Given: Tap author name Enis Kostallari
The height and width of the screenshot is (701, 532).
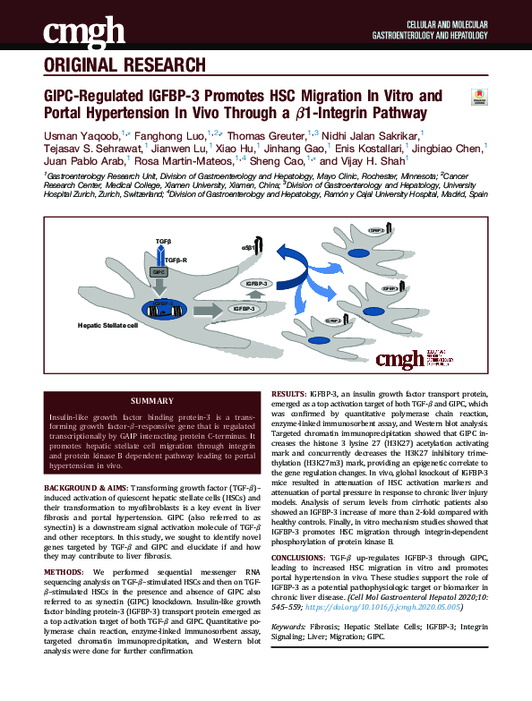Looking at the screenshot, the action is pos(369,148).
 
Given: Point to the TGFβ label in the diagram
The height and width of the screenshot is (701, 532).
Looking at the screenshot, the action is pos(162,243).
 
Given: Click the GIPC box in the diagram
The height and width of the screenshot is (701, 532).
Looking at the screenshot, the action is pos(159,271).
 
